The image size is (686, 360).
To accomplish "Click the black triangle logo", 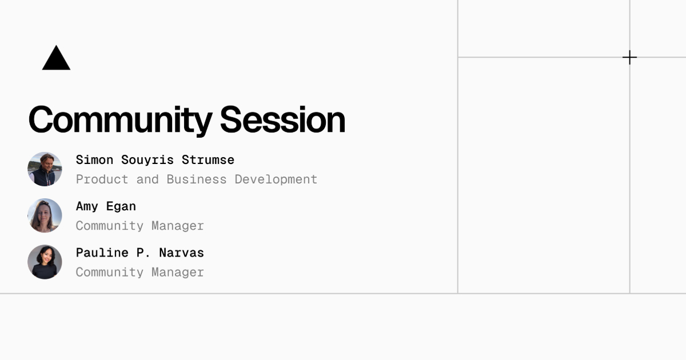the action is pos(57,59).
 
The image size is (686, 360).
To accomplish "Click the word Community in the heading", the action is pos(121,121).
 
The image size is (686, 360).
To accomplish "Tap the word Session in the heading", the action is pos(282,119).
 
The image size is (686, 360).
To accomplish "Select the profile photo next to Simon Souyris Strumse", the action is pos(45,169).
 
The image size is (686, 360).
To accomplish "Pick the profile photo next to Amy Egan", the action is pos(45,215).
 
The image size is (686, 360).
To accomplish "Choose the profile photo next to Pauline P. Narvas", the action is pos(45,262).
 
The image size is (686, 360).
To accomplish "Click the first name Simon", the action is pos(95,160).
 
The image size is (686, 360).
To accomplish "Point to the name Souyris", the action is pos(147,161).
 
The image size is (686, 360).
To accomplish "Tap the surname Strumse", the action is pos(208,160).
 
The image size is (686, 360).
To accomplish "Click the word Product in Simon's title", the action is pos(102,179).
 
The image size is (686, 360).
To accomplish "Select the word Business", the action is pos(197,179).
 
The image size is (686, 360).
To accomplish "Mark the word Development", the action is pos(276,180).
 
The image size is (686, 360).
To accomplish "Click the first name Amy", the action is pos(87,207).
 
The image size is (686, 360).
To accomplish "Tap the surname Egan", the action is pos(121,207).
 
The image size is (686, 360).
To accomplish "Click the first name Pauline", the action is pos(102,253).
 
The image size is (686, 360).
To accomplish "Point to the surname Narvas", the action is pos(182,253).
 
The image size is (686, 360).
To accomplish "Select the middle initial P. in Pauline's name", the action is pos(143,253).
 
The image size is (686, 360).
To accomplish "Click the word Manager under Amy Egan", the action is pos(178,226).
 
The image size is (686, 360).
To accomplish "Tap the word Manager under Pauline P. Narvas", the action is pos(178,273).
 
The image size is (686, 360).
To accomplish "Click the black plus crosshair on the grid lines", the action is pos(629,57).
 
